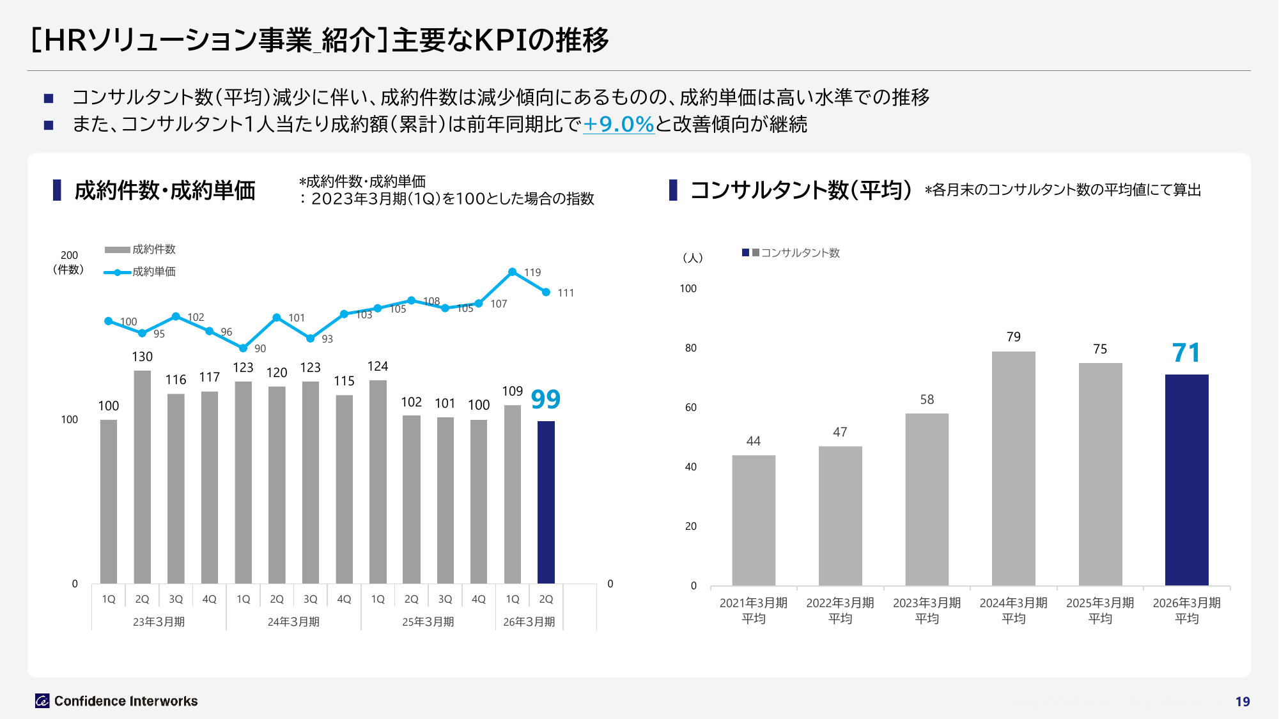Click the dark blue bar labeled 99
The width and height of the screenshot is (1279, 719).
point(546,502)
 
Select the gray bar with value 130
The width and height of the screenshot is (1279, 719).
point(142,476)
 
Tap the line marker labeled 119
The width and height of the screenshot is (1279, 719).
point(512,272)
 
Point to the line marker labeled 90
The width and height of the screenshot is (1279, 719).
point(243,348)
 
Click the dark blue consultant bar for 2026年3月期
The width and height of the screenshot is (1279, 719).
point(1186,479)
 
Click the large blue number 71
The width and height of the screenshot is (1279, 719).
point(1186,353)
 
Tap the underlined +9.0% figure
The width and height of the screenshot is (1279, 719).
point(618,124)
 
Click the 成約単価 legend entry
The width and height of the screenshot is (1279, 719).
point(141,272)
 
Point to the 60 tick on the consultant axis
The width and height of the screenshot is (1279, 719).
point(691,407)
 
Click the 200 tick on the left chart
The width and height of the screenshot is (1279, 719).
point(69,255)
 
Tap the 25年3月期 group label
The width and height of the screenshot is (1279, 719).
point(428,622)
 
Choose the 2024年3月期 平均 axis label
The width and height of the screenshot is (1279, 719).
point(1013,610)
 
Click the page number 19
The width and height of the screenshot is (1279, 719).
point(1242,702)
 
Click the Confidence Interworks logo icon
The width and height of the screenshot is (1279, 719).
point(42,701)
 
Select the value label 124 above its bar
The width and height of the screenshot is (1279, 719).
point(378,366)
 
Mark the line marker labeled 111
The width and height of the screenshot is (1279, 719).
point(546,292)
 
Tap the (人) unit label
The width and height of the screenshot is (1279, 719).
point(692,258)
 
